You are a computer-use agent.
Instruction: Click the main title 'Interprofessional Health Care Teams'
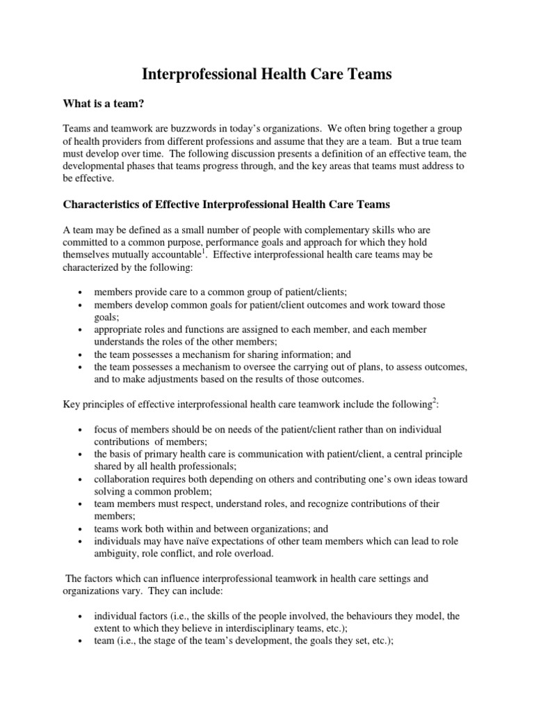pyautogui.click(x=267, y=75)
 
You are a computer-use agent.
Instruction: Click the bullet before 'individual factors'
pyautogui.click(x=81, y=617)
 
